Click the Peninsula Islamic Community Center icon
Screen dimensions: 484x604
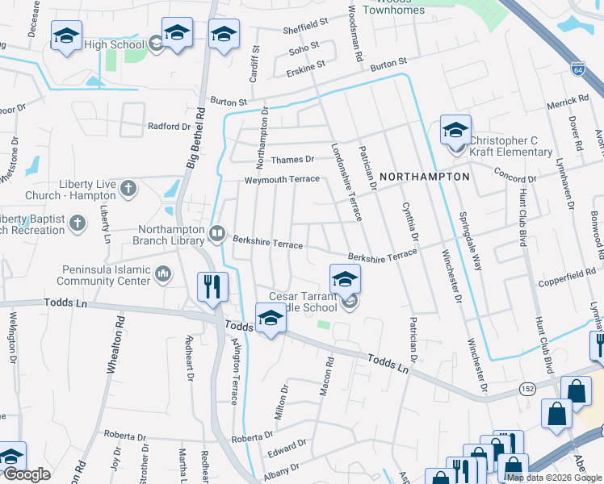pyautogui.click(x=164, y=276)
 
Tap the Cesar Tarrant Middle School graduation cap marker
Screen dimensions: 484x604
pyautogui.click(x=345, y=279)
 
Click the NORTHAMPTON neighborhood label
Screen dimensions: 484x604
pyautogui.click(x=424, y=176)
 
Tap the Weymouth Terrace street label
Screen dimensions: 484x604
pyautogui.click(x=283, y=179)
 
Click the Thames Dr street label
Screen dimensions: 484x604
pyautogui.click(x=292, y=160)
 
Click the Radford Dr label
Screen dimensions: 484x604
pyautogui.click(x=169, y=127)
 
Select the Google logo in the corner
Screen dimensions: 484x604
pyautogui.click(x=27, y=475)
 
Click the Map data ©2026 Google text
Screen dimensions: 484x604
pyautogui.click(x=555, y=478)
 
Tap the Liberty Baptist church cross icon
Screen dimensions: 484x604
pyautogui.click(x=78, y=223)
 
